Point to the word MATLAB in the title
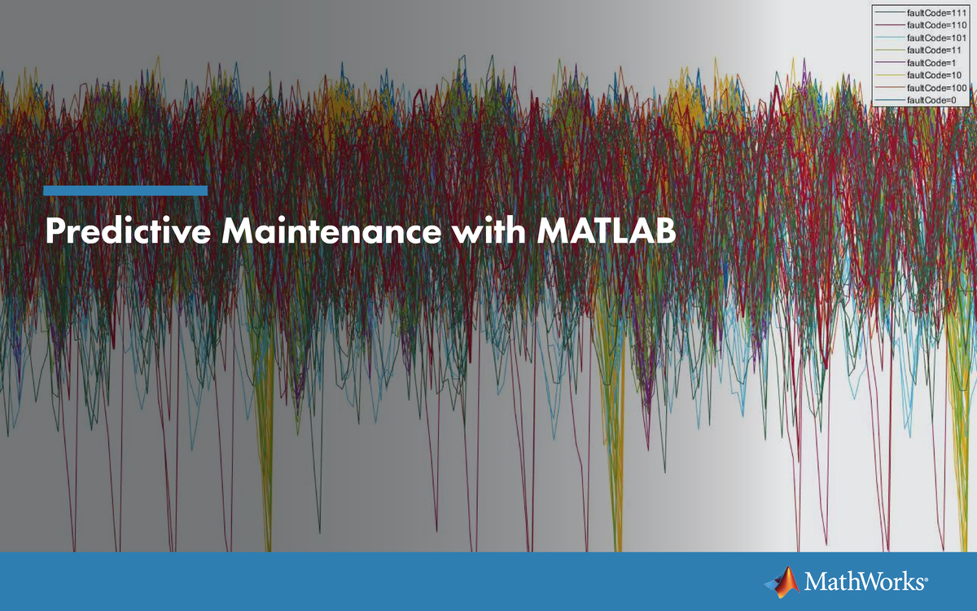pos(607,231)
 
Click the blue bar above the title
pos(125,191)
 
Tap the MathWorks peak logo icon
pos(781,580)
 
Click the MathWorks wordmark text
pos(863,582)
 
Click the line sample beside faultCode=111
pos(889,14)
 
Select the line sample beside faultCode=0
pos(889,99)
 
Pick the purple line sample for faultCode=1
pos(889,63)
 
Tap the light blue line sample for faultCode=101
pos(889,38)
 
